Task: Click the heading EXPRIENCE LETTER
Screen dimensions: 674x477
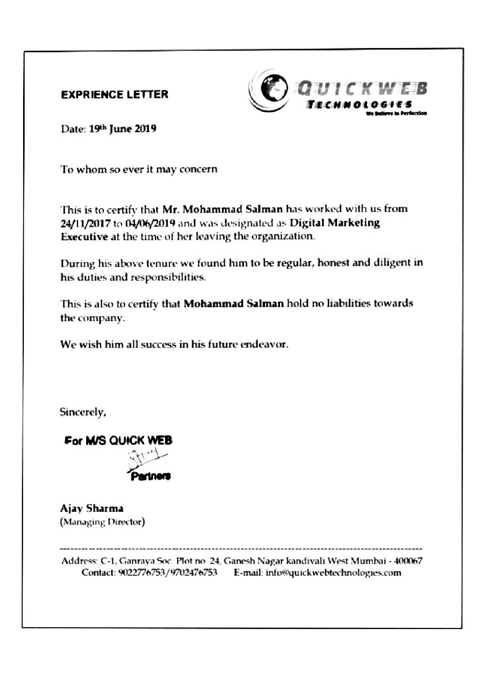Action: [114, 95]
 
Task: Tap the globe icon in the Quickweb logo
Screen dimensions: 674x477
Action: [275, 89]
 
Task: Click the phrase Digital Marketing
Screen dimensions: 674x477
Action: [335, 223]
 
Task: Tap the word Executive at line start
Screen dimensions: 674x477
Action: [84, 236]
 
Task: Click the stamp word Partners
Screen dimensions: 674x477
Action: [151, 477]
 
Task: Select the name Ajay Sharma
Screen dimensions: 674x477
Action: [92, 509]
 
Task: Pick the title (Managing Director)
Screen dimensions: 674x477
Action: [102, 522]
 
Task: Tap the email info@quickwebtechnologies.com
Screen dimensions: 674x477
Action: [333, 573]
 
